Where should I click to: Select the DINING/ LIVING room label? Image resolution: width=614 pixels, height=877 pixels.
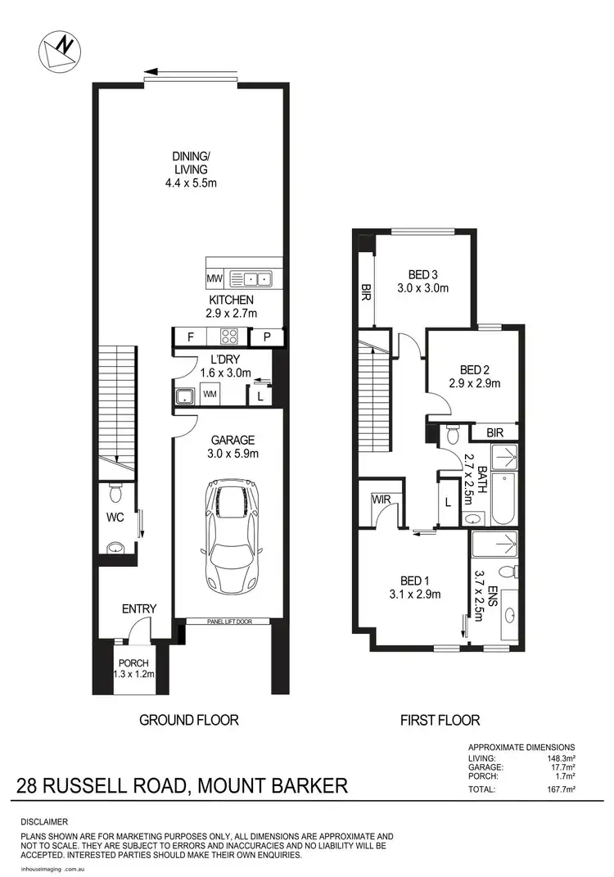pyautogui.click(x=189, y=169)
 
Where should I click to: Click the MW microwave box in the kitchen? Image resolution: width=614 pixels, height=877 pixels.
pyautogui.click(x=214, y=278)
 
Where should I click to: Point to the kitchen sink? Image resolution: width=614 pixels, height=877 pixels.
pyautogui.click(x=249, y=278)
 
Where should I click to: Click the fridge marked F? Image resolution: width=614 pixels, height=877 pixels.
pyautogui.click(x=190, y=337)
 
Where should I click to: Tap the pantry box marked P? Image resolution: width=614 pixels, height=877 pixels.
pyautogui.click(x=268, y=337)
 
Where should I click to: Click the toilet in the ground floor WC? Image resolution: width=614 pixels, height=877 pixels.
pyautogui.click(x=115, y=494)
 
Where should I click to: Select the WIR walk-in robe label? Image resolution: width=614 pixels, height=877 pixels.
pyautogui.click(x=379, y=499)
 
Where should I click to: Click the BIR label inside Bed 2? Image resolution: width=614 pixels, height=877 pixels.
pyautogui.click(x=494, y=432)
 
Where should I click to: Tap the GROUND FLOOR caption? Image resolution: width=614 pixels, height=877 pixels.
pyautogui.click(x=188, y=720)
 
